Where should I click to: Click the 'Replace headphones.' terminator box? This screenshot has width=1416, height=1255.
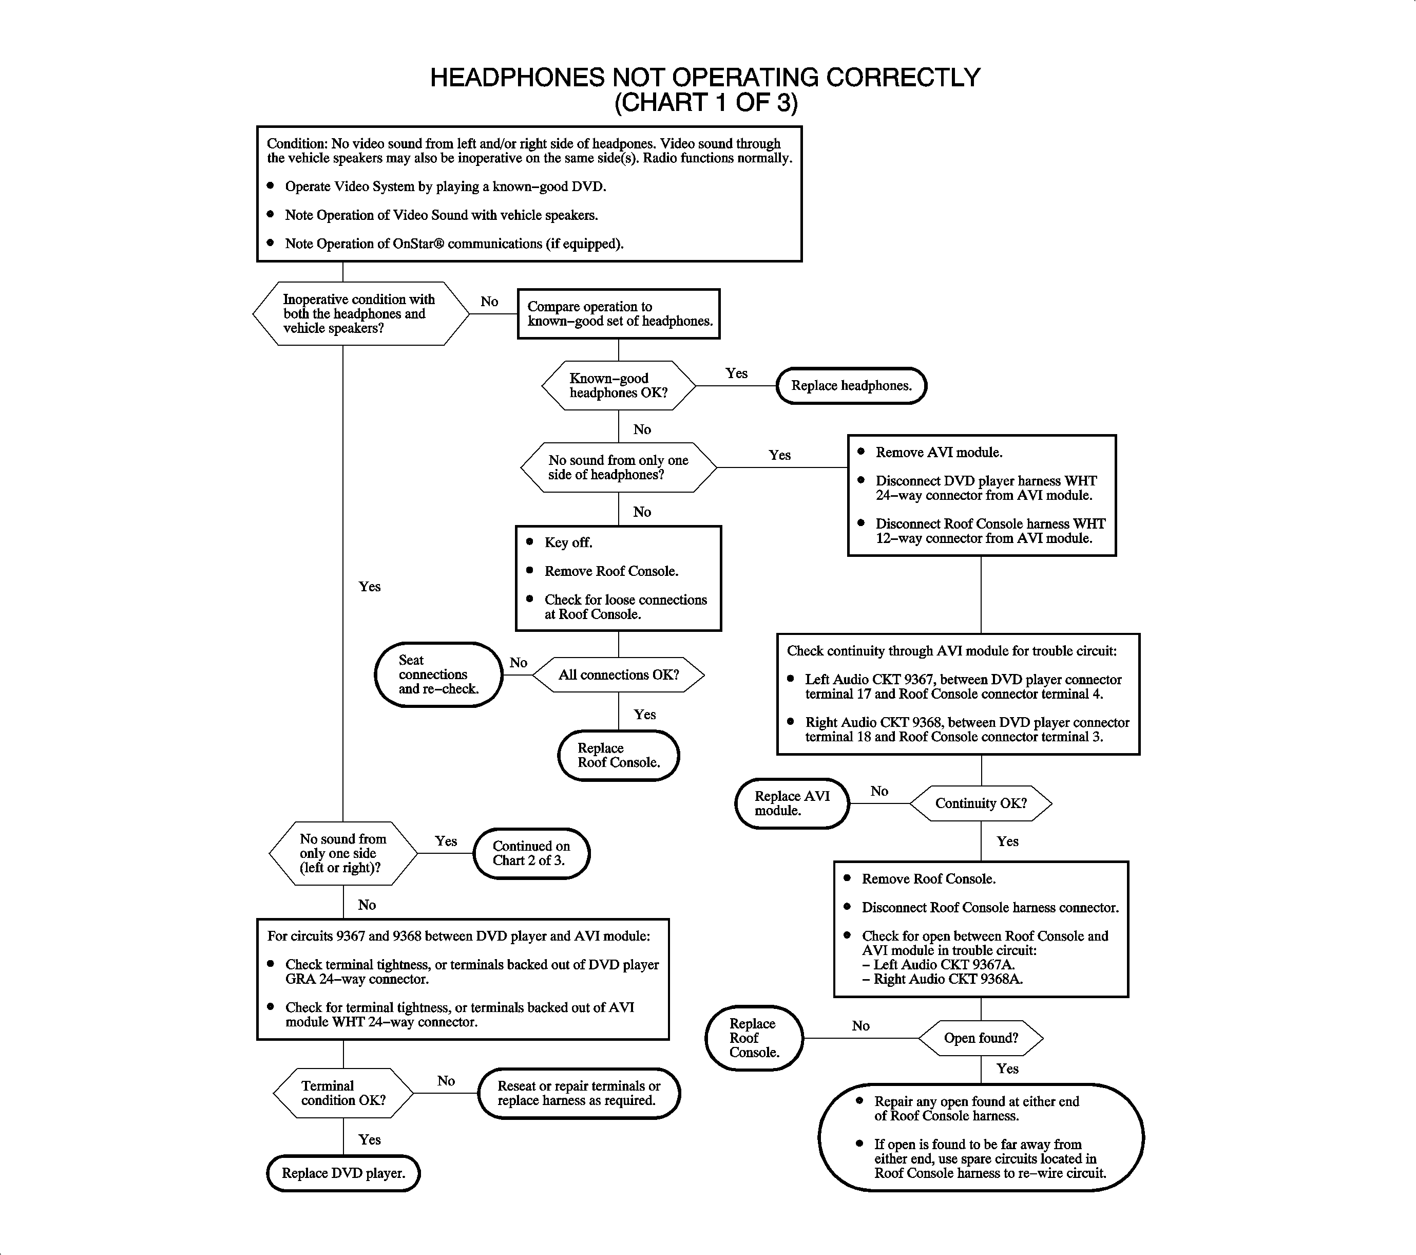[x=851, y=386]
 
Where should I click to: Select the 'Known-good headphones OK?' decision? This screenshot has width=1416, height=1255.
[x=618, y=386]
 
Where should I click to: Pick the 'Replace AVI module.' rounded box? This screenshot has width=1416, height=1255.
[x=792, y=803]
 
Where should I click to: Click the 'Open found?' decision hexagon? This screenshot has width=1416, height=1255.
[x=980, y=1038]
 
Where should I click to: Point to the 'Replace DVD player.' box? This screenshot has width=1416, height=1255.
[x=343, y=1173]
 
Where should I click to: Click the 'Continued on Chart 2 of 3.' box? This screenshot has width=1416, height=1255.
[x=531, y=853]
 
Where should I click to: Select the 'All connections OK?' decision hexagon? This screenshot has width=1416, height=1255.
[x=619, y=675]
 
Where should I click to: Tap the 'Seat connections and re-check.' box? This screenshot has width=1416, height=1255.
[x=438, y=675]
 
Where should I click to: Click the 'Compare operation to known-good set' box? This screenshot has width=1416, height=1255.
[x=619, y=314]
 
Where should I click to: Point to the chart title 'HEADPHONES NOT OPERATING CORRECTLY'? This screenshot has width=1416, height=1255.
[x=705, y=78]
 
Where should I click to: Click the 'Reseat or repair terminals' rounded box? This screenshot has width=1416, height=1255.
[x=579, y=1094]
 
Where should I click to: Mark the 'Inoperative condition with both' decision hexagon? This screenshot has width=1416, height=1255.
[x=359, y=314]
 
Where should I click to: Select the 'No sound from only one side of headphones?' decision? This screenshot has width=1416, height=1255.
[x=618, y=468]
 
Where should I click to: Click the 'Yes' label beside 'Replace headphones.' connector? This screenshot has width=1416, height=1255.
[x=736, y=373]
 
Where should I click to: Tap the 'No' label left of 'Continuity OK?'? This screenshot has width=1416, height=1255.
[x=879, y=792]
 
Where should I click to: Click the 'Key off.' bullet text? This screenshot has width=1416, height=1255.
[x=568, y=542]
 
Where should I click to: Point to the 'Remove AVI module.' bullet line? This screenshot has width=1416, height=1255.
[x=939, y=453]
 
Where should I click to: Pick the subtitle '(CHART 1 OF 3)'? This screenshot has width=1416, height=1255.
[x=705, y=103]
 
